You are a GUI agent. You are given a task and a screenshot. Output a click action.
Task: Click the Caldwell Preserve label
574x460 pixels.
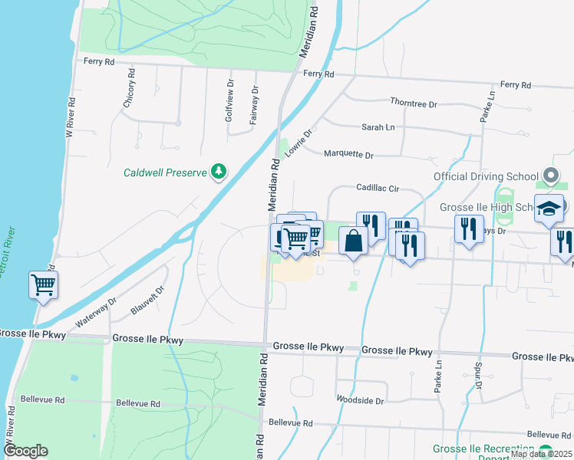pos(165,172)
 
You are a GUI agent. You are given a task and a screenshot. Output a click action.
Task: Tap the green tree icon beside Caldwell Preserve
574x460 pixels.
pos(219,171)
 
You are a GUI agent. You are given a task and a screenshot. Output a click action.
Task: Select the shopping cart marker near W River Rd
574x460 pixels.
pos(44,286)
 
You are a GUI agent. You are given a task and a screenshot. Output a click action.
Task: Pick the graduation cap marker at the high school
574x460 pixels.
pos(549,208)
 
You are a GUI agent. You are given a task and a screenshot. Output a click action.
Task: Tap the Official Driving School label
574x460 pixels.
pos(486,177)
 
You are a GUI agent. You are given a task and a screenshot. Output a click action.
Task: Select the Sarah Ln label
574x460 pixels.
pos(378,128)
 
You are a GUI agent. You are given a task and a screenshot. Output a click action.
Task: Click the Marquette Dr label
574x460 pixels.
pos(348,155)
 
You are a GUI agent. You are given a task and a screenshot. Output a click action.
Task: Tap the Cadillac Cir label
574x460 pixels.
pos(378,188)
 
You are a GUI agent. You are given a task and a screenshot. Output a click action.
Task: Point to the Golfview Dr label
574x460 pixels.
pos(229,101)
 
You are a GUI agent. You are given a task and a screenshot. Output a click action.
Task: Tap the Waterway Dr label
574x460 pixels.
pos(95,311)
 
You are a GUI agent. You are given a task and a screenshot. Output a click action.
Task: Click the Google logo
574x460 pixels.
pos(25,451)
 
